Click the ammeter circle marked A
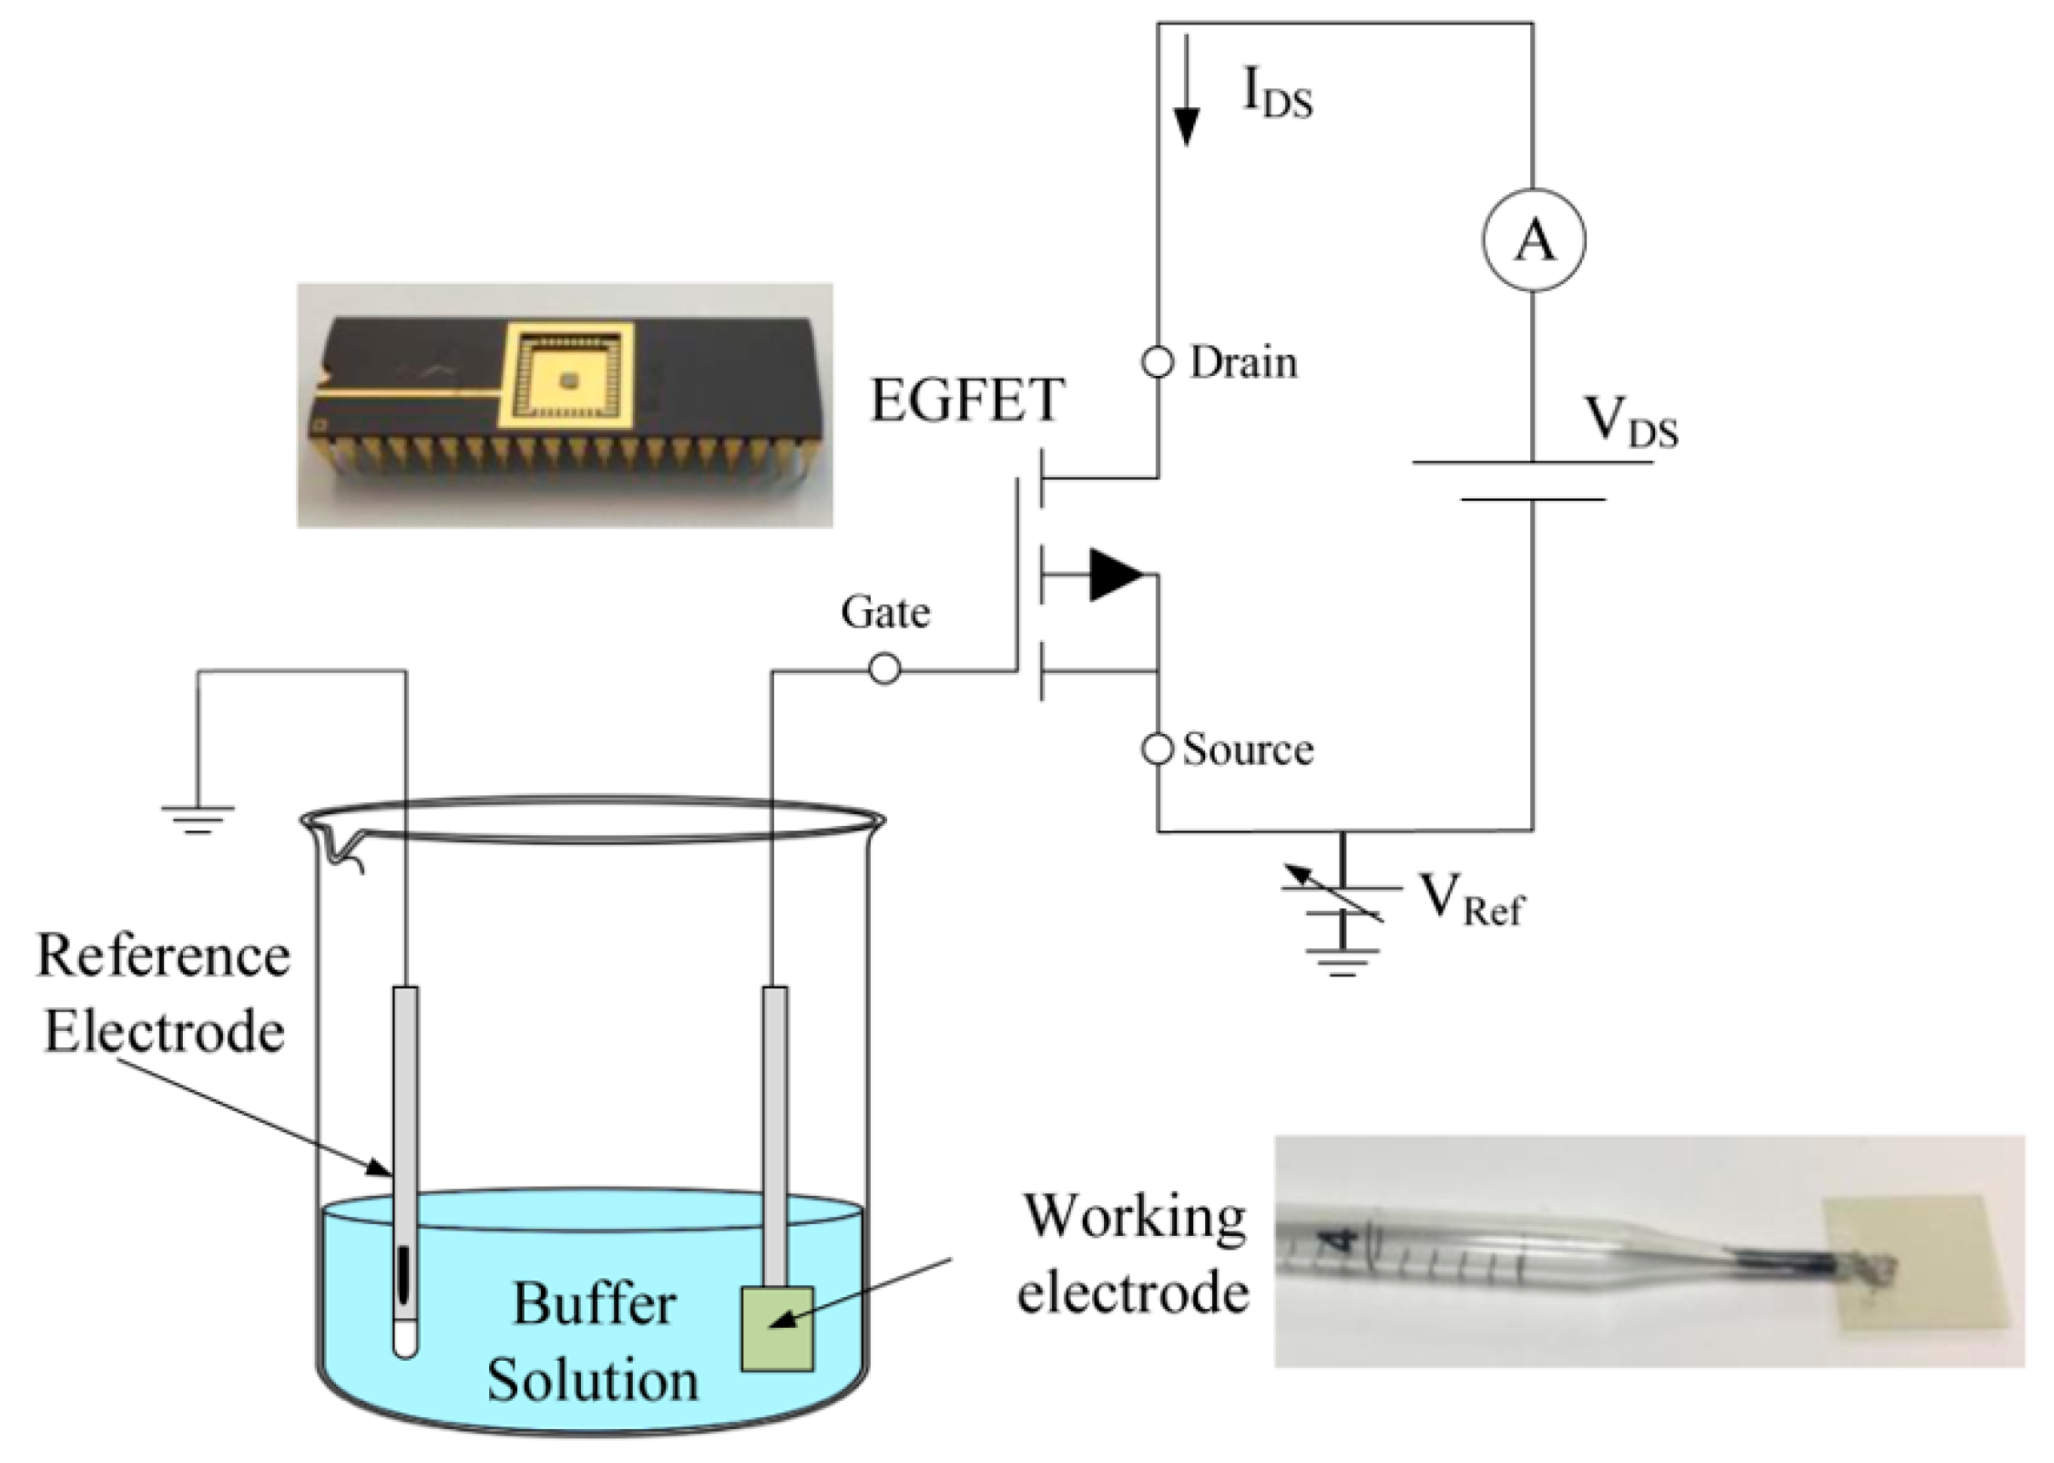tap(1533, 240)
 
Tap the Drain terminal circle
tap(1158, 362)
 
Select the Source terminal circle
tap(1158, 749)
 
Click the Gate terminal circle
tap(884, 669)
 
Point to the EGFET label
tap(967, 401)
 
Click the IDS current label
tap(1277, 94)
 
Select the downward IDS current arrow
tap(1187, 90)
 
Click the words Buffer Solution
tap(593, 1342)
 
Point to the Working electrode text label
tap(1133, 1253)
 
